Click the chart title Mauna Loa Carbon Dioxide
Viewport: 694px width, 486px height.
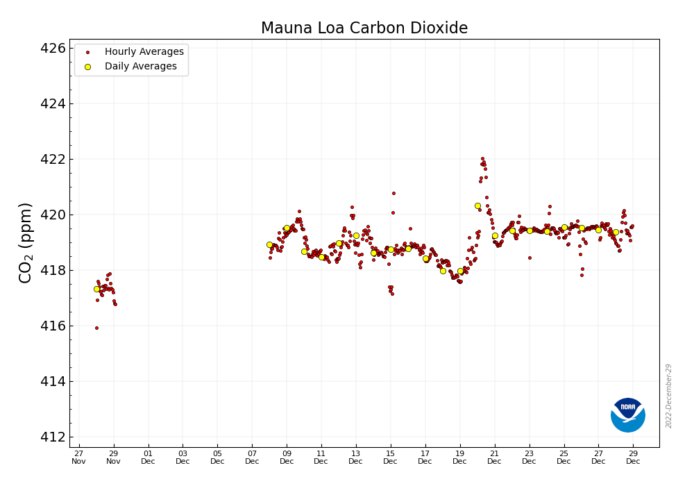pos(364,28)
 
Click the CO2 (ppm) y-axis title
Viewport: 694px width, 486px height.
pos(26,242)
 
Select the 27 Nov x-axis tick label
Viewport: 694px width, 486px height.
pos(78,457)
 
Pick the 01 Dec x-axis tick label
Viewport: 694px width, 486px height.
pos(148,457)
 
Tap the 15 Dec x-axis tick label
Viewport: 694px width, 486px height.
pos(391,457)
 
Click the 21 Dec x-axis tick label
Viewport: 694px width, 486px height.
pos(494,457)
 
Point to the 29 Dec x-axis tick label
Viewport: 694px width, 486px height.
pos(633,457)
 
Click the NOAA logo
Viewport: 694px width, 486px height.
pos(628,415)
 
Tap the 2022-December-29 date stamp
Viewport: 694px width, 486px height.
pos(669,396)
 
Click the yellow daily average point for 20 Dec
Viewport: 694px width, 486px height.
pos(477,206)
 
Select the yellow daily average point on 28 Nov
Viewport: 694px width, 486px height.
pos(96,289)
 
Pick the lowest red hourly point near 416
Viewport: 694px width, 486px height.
pos(96,328)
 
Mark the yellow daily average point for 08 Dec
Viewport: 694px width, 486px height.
pos(269,244)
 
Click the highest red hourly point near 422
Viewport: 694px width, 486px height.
pos(482,158)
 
